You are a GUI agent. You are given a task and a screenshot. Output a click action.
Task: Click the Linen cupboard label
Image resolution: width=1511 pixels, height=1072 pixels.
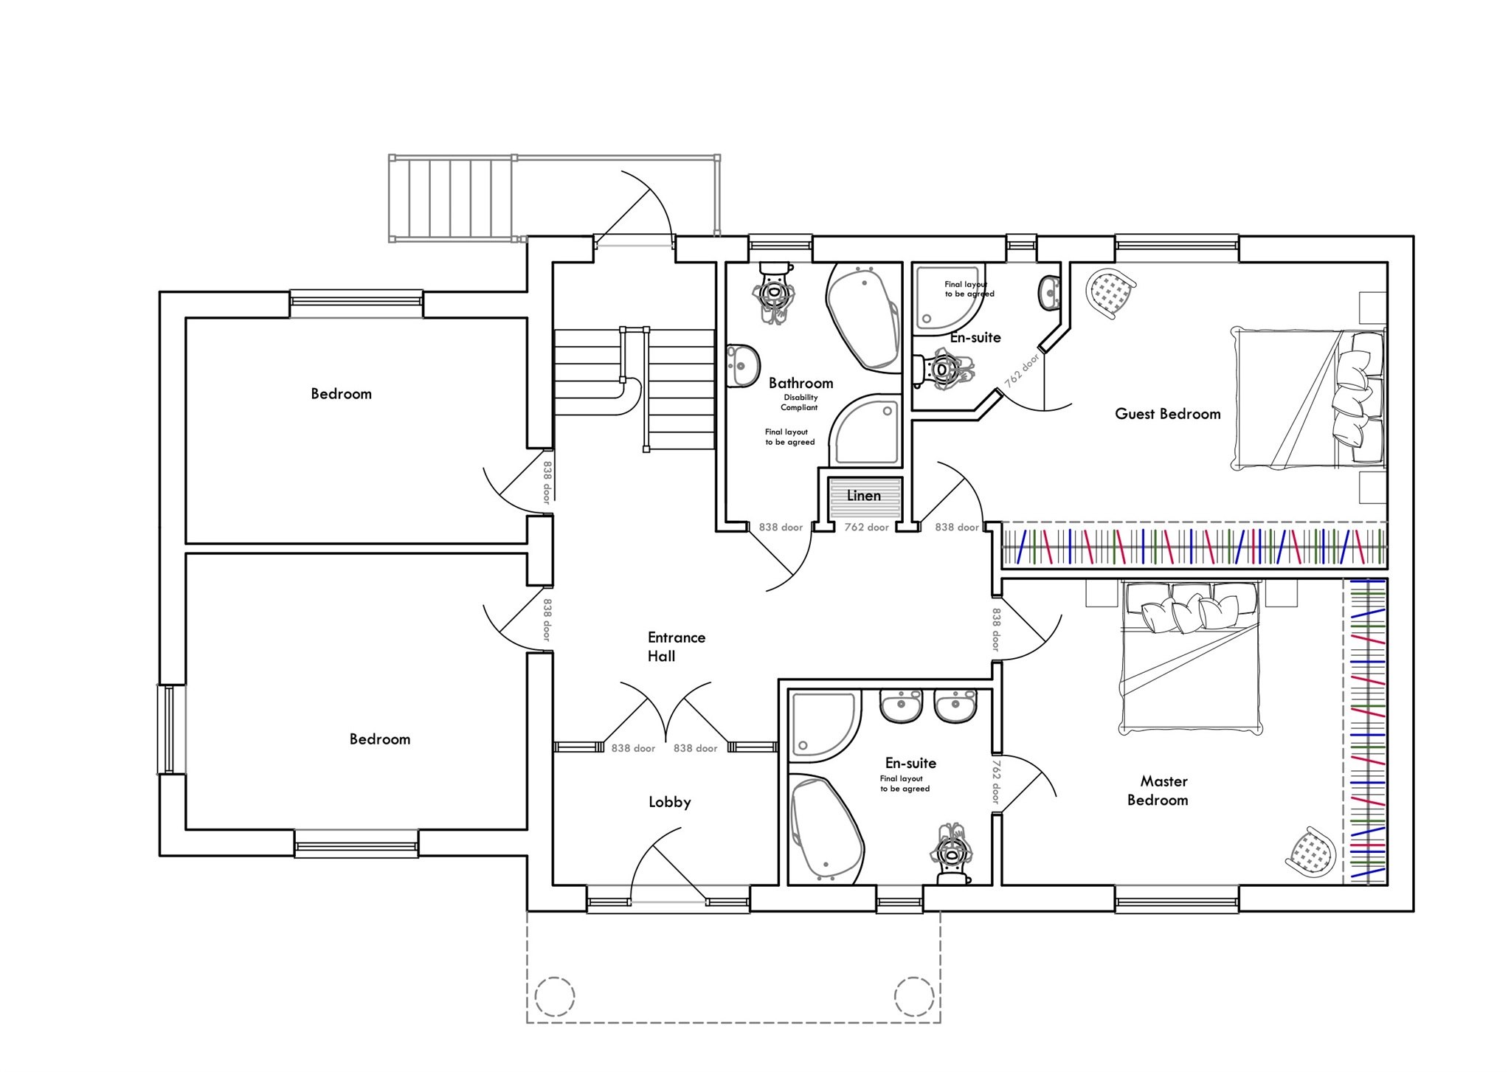coord(863,496)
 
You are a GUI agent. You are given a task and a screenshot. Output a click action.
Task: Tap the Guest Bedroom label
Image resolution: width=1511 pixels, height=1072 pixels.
coord(1167,414)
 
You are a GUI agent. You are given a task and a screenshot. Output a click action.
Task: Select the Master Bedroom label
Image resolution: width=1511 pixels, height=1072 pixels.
coord(1158,790)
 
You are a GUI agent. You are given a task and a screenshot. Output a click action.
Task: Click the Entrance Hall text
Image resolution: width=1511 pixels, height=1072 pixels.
coord(675,646)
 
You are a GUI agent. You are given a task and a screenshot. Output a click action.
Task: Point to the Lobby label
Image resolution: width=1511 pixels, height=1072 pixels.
coord(669,802)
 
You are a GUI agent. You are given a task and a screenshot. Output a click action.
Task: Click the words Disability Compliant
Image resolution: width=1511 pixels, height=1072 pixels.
coord(800,402)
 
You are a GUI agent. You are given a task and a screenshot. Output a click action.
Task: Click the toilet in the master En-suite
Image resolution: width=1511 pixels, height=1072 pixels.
coord(952,856)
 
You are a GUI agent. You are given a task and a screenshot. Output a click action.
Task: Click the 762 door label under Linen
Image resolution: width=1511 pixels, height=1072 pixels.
coord(866,528)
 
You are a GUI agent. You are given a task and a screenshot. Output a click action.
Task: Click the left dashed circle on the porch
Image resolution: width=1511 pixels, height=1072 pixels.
coord(554,997)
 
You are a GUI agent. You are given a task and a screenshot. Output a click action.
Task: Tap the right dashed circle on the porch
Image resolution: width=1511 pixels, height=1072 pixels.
coord(914,997)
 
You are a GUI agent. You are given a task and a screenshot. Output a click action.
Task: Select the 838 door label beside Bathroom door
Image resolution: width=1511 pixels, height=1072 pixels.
coord(781,528)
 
